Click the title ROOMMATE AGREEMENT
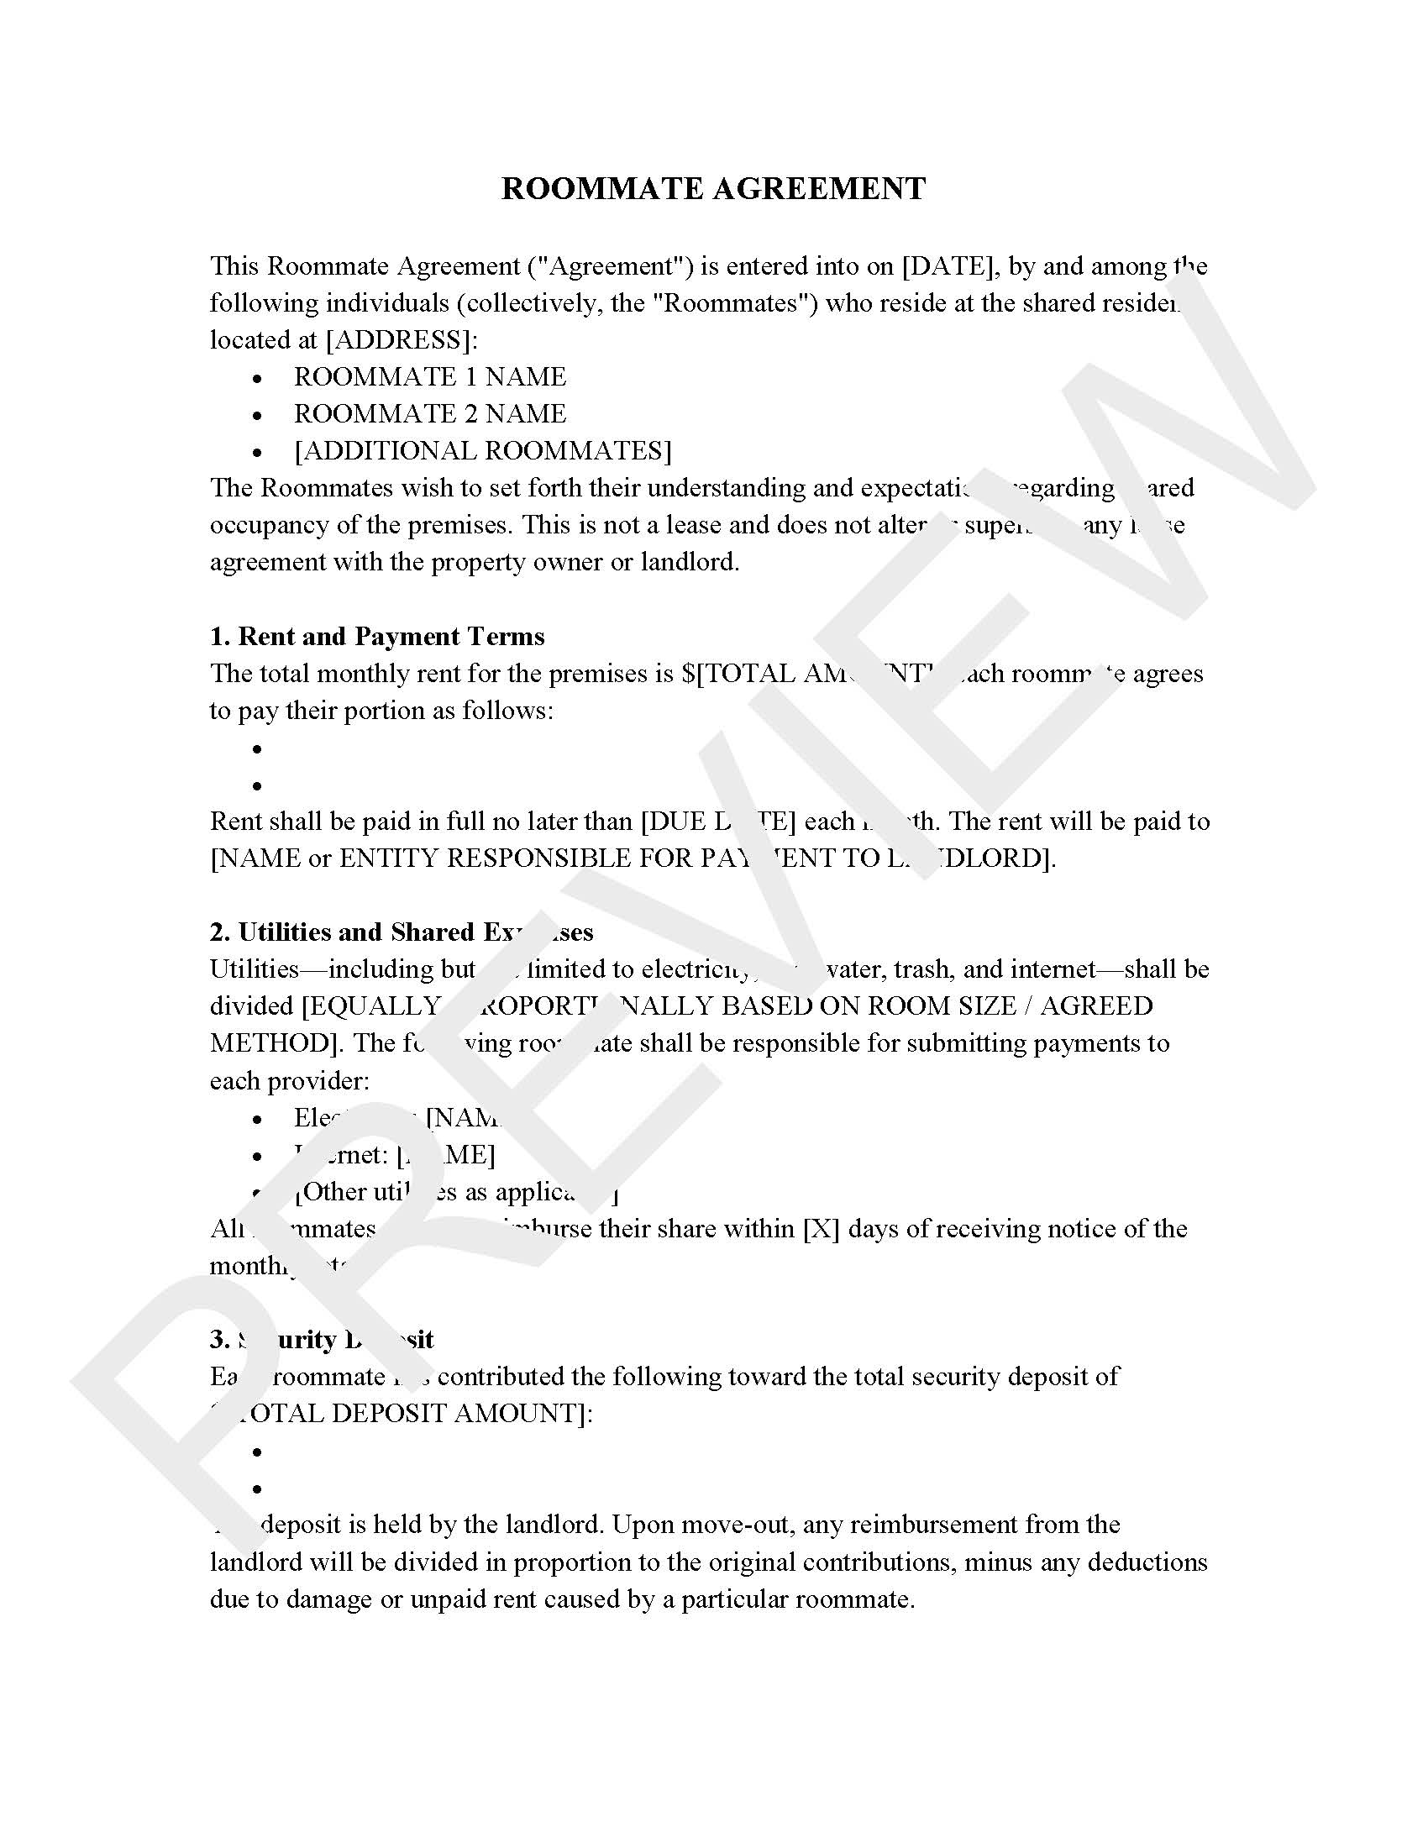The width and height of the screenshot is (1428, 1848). click(713, 188)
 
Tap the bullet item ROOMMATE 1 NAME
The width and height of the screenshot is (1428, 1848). click(430, 377)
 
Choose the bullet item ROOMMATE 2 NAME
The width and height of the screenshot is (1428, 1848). click(430, 414)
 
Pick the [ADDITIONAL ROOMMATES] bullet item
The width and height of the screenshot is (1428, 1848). click(482, 451)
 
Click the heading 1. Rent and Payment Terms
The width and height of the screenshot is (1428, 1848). click(377, 637)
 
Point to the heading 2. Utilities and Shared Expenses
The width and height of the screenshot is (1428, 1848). click(401, 932)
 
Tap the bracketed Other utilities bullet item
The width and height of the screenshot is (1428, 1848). click(457, 1192)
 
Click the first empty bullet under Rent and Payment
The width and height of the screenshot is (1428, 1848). click(257, 749)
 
